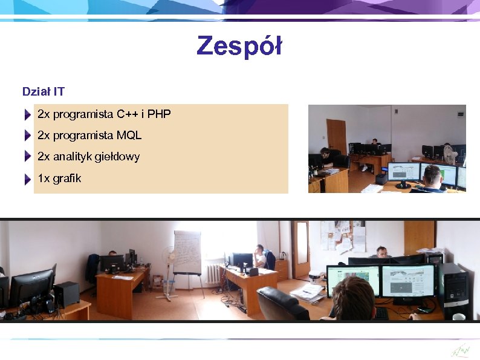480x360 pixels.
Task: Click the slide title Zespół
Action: click(239, 46)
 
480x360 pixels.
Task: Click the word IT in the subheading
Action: click(59, 92)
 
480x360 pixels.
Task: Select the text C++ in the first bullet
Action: click(128, 114)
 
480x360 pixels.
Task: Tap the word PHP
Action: click(159, 114)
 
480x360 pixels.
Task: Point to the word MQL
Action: click(129, 135)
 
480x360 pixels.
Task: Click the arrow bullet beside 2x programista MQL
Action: click(28, 135)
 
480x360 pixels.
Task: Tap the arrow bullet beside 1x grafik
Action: click(28, 179)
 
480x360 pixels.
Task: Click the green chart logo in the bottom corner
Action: click(460, 350)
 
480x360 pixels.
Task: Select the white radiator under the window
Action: click(213, 273)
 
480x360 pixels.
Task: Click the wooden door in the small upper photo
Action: click(336, 136)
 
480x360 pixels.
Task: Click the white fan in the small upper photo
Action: click(448, 154)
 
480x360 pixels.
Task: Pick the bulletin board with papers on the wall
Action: click(343, 236)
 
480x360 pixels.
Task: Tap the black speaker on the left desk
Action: click(66, 294)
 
